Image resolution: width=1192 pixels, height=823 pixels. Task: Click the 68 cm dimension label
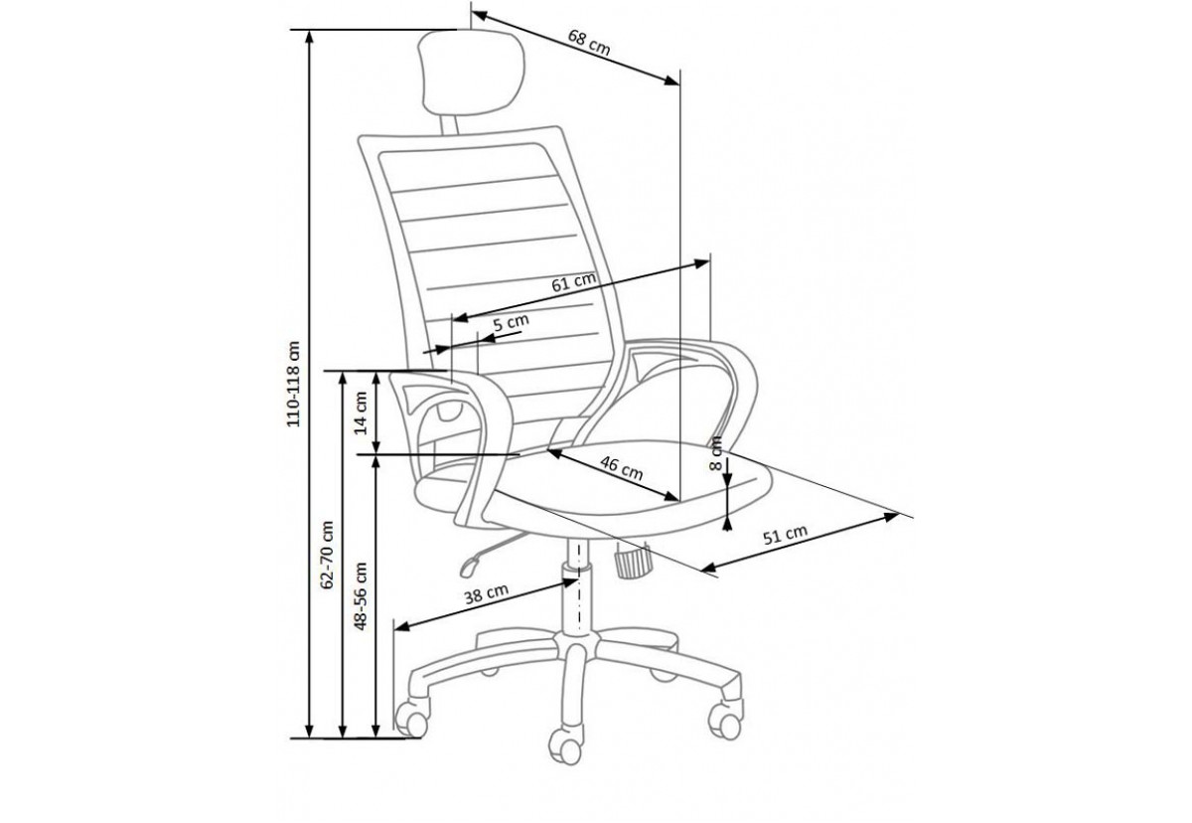click(588, 43)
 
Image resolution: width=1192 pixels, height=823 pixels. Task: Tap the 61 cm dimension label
click(573, 282)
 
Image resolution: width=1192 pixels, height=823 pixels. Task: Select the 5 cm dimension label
click(511, 323)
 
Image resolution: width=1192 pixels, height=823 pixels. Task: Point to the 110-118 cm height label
click(294, 384)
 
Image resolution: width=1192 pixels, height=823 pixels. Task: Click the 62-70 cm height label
click(327, 555)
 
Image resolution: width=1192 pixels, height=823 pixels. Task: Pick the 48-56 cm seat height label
click(361, 596)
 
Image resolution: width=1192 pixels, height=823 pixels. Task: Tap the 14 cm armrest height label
click(361, 413)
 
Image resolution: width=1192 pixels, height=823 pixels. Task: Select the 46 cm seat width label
click(622, 468)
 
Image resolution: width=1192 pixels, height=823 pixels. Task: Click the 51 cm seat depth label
click(785, 535)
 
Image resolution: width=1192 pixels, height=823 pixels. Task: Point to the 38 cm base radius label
click(487, 594)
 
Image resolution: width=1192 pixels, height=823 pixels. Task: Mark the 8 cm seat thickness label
click(716, 453)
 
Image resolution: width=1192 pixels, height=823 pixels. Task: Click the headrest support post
click(449, 124)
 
